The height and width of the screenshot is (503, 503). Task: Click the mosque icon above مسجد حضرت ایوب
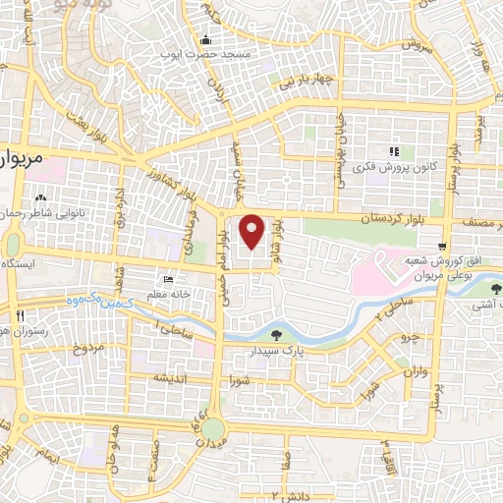(x=205, y=40)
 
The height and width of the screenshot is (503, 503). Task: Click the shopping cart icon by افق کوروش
(x=444, y=246)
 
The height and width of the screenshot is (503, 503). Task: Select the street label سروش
(x=419, y=45)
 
